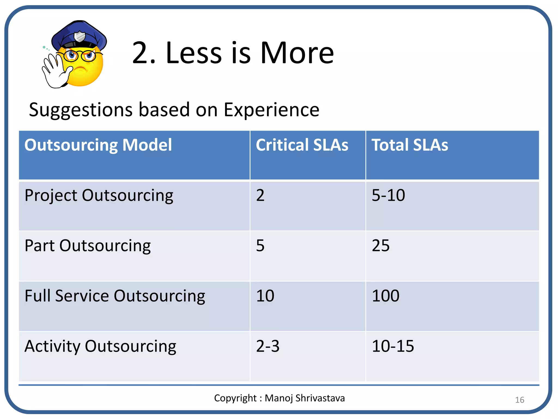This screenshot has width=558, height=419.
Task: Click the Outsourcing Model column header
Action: (x=98, y=145)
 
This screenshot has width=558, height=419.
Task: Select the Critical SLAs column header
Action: (x=302, y=145)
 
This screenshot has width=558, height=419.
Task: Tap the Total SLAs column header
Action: (x=410, y=145)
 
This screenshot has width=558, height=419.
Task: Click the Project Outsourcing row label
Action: (x=99, y=196)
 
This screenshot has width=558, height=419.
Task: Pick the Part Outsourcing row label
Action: (x=87, y=246)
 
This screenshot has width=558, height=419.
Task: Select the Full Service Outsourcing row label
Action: (x=115, y=296)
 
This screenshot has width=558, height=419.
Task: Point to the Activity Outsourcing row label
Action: (x=100, y=346)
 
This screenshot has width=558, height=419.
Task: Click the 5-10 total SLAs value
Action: (x=388, y=195)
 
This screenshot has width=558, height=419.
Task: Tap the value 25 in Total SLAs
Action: (x=381, y=246)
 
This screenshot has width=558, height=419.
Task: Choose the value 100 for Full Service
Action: (x=386, y=296)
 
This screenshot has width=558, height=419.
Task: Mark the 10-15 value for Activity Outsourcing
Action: (x=393, y=346)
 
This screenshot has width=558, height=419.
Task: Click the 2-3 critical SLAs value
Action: (x=268, y=346)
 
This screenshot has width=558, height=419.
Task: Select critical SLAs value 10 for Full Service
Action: (x=265, y=296)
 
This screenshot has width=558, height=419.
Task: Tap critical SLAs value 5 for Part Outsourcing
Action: (x=260, y=246)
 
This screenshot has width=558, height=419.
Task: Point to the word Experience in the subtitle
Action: (x=271, y=110)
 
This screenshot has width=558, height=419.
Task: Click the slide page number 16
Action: (x=520, y=400)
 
